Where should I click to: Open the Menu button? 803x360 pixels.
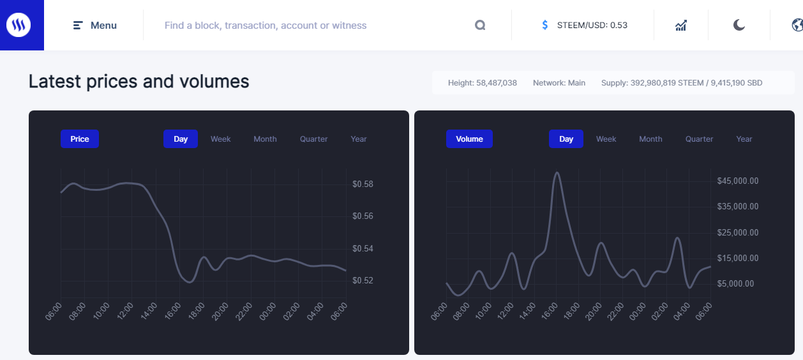point(95,26)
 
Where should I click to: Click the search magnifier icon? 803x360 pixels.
point(480,26)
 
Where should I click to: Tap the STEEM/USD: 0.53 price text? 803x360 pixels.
point(592,26)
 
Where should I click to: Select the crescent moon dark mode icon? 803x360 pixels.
point(739,26)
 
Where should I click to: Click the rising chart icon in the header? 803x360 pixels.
point(681,26)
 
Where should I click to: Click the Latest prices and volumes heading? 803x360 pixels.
point(139,82)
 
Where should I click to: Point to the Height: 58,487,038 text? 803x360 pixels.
point(482,83)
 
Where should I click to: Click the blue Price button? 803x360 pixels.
point(80,139)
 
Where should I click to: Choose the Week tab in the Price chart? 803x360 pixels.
point(220,139)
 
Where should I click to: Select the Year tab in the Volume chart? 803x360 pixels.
point(744,139)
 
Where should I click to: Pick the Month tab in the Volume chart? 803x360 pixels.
point(650,139)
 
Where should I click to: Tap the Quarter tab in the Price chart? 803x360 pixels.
point(313,139)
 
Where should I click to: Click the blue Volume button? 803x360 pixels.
point(469,139)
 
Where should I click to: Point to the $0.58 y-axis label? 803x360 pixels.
point(363,184)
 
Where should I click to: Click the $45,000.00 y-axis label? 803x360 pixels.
point(737,181)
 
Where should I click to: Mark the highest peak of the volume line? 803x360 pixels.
point(557,172)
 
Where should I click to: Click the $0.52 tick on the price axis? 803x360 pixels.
point(363,281)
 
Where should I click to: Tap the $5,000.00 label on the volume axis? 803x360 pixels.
point(735,284)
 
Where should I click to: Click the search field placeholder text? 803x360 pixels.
point(266,26)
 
